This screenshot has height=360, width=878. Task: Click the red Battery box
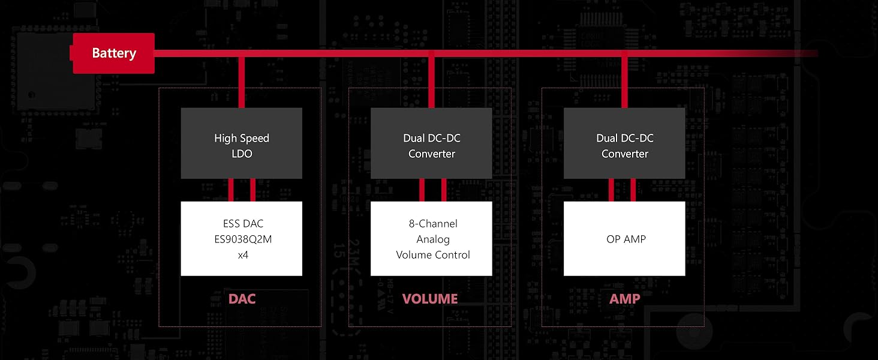113,53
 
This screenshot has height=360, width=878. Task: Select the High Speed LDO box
242,143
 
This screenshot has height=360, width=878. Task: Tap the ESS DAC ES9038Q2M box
242,239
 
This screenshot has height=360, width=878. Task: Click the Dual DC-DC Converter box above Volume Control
431,143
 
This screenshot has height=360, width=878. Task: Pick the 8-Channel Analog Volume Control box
431,239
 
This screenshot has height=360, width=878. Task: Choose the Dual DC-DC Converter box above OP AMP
624,143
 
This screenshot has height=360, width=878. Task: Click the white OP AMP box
624,239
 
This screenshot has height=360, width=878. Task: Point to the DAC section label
242,299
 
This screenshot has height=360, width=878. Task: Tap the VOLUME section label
429,299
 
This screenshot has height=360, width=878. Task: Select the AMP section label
624,299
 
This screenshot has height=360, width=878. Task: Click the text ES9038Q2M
242,239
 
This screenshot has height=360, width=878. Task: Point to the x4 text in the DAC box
242,255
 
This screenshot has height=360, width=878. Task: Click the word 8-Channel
429,224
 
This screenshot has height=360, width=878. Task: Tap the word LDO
242,154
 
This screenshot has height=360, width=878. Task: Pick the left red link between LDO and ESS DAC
231,190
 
